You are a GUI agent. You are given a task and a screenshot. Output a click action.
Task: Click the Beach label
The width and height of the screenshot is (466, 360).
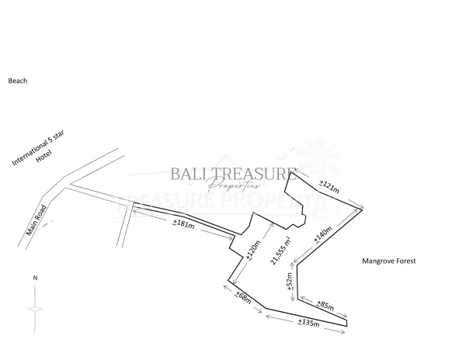coord(18,80)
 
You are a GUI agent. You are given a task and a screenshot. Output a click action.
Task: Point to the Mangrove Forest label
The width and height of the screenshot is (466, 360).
coord(389,261)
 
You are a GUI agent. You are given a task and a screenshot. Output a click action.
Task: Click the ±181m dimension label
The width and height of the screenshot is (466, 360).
coord(183,223)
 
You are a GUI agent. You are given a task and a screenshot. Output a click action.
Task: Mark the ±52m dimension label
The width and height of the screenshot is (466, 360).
coord(289,280)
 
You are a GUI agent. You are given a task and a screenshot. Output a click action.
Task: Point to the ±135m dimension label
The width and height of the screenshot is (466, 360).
coord(308,324)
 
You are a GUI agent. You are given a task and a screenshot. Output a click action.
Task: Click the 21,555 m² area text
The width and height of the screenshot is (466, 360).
coord(276,251)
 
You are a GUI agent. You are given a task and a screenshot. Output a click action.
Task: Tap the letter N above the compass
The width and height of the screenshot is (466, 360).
coord(35,277)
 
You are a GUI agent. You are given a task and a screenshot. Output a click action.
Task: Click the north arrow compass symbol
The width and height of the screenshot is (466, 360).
coord(35,307)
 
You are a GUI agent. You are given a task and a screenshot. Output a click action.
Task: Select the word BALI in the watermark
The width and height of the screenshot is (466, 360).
coord(189,175)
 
